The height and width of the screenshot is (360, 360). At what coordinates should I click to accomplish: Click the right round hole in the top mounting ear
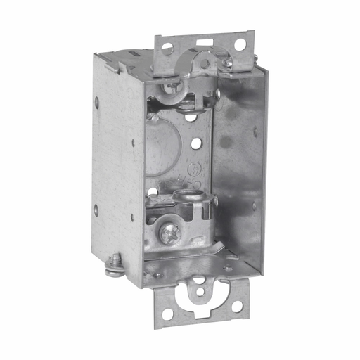240,44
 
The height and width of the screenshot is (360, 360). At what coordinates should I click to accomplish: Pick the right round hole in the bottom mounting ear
238,307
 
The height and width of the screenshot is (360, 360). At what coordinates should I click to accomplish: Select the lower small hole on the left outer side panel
96,208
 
